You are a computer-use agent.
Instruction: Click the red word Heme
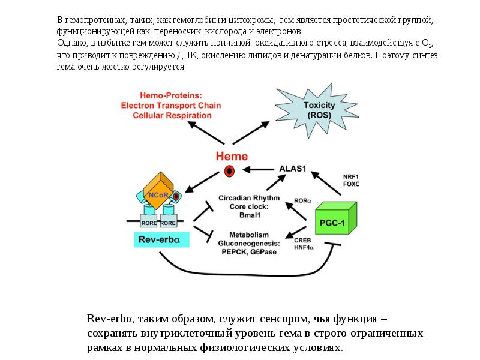(231, 156)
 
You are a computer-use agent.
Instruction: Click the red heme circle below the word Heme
(229, 172)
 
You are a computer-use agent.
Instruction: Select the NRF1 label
(351, 176)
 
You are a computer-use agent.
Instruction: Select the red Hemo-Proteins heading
(170, 95)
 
